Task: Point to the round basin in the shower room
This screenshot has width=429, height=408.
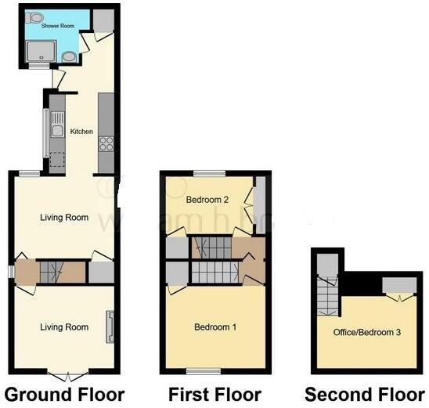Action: [70, 56]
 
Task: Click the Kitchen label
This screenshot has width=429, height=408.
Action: [82, 132]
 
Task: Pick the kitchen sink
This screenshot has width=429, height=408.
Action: [56, 132]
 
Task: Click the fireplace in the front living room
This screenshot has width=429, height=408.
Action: [110, 327]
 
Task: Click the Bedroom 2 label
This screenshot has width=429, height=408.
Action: [207, 200]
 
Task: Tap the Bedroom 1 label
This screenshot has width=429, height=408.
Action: [216, 327]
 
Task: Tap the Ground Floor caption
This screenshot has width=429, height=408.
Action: [63, 393]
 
